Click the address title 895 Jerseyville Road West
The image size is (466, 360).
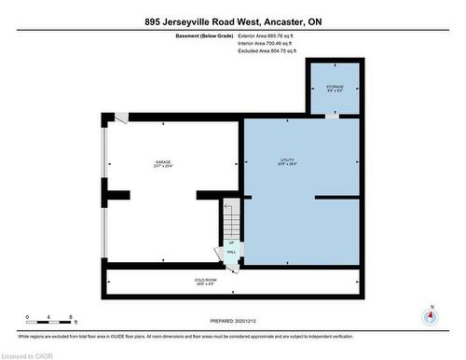coord(232,21)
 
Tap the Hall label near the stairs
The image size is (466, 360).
coord(230,249)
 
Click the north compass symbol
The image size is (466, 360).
coord(429,315)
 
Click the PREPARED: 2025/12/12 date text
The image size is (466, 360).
coord(234,322)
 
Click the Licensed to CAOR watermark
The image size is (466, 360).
coord(27,353)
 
